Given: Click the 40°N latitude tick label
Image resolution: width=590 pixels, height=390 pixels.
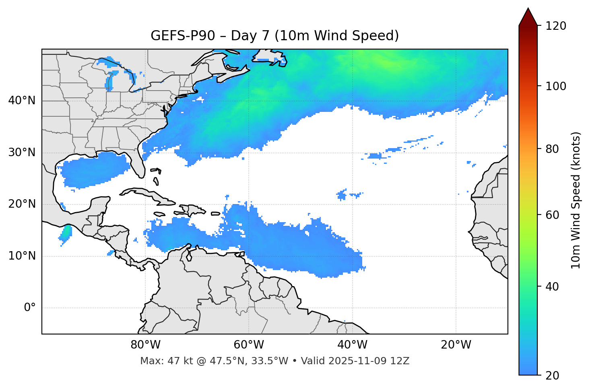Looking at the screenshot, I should (22, 101).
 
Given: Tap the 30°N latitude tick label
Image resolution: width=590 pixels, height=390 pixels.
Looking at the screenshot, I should (22, 153).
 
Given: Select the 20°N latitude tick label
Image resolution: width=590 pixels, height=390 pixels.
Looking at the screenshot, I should (22, 204).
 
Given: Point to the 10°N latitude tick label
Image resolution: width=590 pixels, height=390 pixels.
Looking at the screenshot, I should (22, 256).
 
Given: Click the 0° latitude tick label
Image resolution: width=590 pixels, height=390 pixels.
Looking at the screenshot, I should (30, 308).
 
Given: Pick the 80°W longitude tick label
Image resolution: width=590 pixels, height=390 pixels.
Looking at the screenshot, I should (145, 345).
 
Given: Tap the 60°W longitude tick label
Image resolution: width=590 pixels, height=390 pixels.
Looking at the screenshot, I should (249, 345).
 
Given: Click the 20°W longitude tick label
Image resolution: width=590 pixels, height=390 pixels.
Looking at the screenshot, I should (456, 345).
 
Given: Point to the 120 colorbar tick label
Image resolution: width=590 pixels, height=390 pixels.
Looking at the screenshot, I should (556, 26).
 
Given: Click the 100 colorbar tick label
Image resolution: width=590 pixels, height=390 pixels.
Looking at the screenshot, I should (556, 86).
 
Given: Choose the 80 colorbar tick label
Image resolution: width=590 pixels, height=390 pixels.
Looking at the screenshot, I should (553, 149).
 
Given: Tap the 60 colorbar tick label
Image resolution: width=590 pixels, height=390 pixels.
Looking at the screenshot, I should (553, 215).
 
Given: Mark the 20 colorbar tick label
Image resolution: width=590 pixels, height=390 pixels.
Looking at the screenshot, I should (553, 376).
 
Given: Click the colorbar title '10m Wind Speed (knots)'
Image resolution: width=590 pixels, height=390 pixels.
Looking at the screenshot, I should (576, 200).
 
